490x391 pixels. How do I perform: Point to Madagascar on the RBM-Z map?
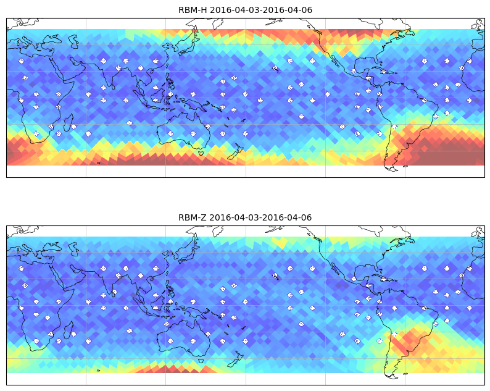[x=69, y=330]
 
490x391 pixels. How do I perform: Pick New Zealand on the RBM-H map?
[x=236, y=152]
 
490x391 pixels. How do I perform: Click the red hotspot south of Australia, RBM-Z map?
[x=175, y=367]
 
